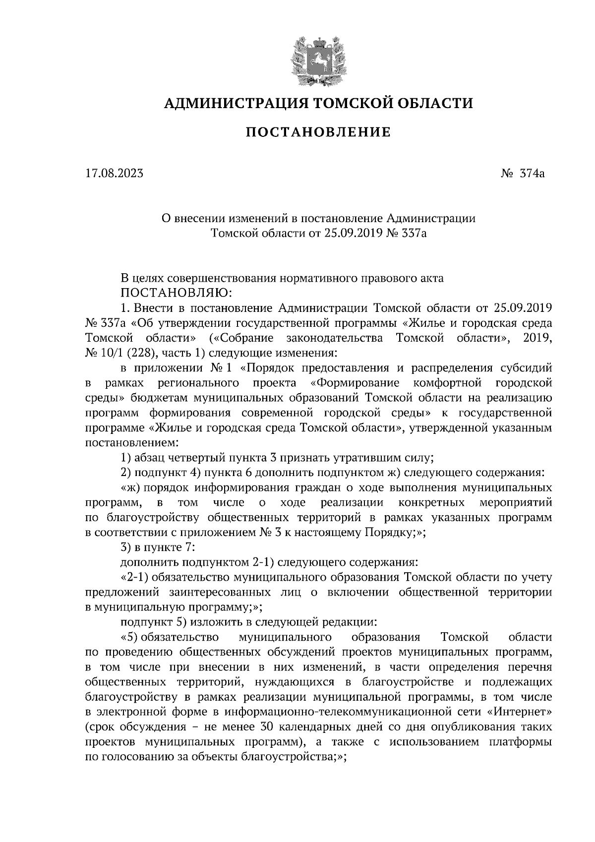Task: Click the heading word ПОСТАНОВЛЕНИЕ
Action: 318,132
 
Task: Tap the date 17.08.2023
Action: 114,174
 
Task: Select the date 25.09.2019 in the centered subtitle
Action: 353,233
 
